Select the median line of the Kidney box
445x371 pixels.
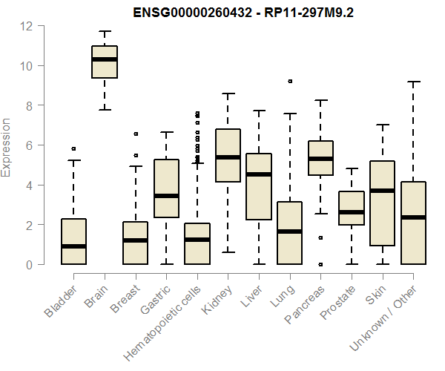[228, 157]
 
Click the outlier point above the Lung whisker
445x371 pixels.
[290, 81]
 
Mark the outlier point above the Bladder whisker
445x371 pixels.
[73, 149]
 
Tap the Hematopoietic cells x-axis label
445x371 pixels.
[167, 311]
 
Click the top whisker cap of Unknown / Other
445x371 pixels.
[414, 82]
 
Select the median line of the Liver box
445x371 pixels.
[259, 174]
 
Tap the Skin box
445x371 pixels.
[383, 203]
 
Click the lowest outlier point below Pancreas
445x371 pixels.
[320, 264]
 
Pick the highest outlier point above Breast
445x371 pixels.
[135, 134]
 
